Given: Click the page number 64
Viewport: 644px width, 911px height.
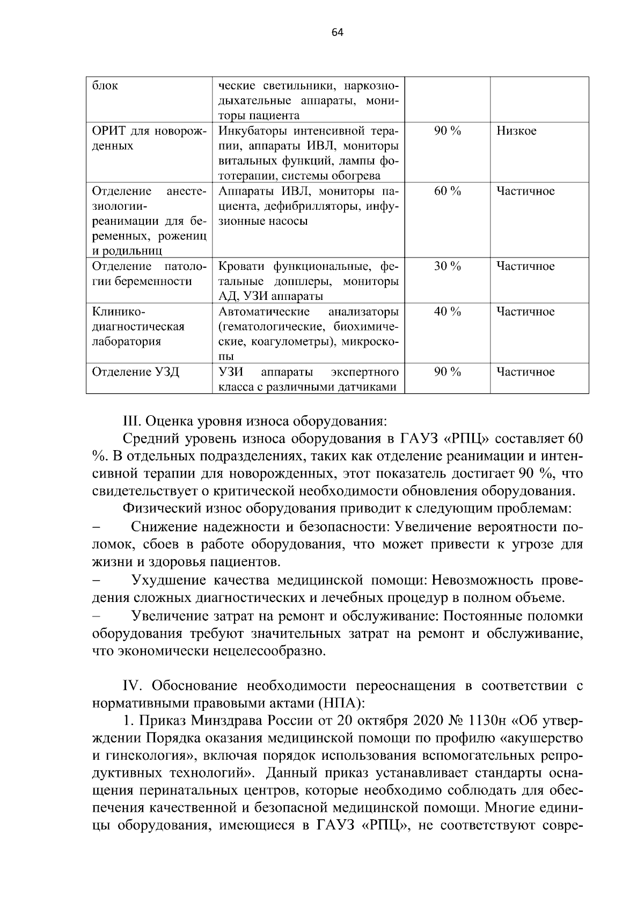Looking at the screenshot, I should (337, 33).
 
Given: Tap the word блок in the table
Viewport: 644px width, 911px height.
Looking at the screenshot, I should (105, 86).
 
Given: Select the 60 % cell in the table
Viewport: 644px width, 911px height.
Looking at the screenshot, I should (447, 191).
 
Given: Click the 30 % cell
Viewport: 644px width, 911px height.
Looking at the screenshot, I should (447, 266).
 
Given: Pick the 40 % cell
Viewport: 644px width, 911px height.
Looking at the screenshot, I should (447, 312).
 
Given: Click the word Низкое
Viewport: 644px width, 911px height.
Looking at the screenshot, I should (516, 131).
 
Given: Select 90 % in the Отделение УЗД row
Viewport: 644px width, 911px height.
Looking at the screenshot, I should (447, 372).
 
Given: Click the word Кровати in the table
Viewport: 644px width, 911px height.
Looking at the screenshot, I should (242, 266).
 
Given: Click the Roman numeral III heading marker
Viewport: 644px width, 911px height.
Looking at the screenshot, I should (132, 420).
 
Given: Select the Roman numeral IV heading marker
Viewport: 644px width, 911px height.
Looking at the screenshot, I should (132, 686).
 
